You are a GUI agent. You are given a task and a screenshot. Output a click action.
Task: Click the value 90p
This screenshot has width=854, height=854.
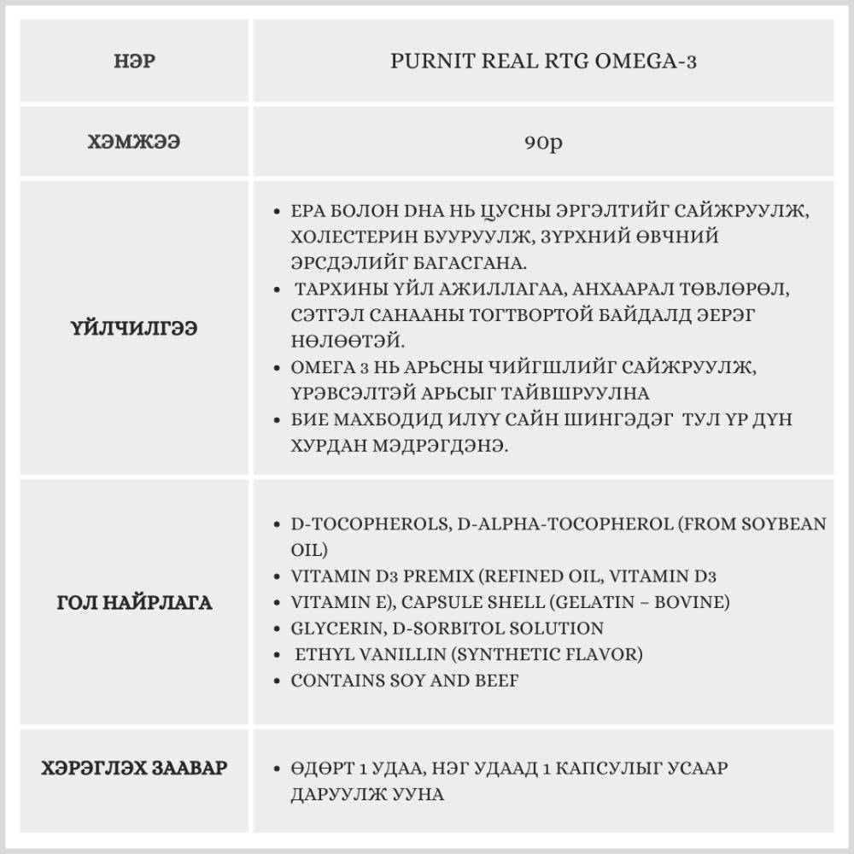[x=543, y=143]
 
